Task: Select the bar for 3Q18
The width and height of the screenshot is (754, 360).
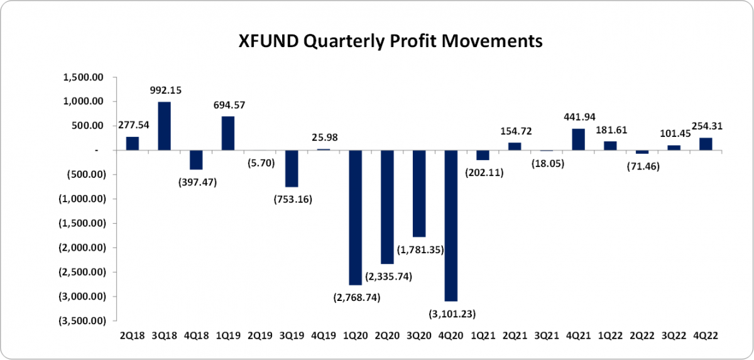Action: click(x=165, y=126)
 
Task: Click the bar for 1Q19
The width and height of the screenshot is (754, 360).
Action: click(x=227, y=133)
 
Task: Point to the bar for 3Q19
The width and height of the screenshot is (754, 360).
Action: click(x=292, y=168)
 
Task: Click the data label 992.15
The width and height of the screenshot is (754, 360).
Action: click(x=166, y=90)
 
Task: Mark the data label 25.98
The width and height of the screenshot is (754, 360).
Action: click(x=324, y=137)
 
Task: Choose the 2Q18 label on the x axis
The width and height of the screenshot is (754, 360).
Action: click(x=133, y=336)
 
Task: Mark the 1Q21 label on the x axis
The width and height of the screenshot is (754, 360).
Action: click(x=484, y=336)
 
